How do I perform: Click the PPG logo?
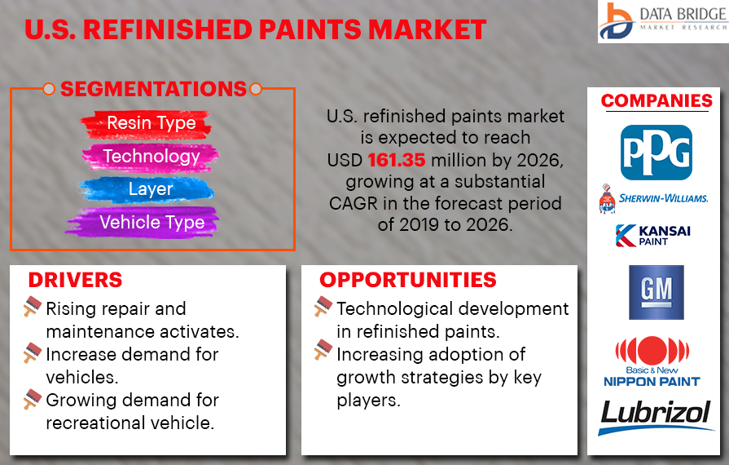point(656,153)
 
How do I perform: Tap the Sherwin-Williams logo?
point(654,199)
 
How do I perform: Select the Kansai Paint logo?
point(652,235)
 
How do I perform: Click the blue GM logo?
point(656,292)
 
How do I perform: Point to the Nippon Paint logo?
point(652,361)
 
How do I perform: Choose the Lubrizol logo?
point(656,417)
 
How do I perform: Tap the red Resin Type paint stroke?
point(147,124)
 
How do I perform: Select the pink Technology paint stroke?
point(150,157)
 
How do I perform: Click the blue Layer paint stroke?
point(146,190)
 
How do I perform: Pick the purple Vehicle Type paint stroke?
point(143,223)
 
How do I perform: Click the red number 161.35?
point(396,160)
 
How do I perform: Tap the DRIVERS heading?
point(75,280)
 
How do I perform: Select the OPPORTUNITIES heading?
point(408,280)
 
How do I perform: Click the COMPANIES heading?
point(657,100)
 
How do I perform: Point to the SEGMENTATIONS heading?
point(153,89)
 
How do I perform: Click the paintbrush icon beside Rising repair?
point(33,306)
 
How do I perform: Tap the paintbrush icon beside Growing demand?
point(33,399)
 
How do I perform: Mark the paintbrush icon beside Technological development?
point(323,306)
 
